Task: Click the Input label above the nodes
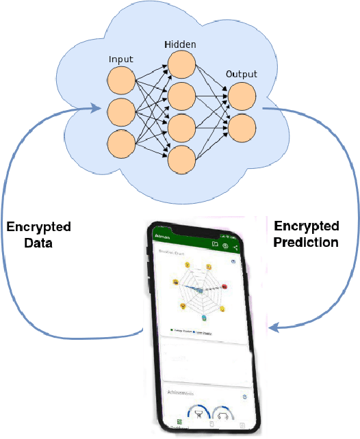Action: [121, 59]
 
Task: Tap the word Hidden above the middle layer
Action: [180, 44]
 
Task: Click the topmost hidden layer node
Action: [181, 64]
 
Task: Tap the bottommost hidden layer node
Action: [181, 159]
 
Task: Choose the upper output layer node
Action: [242, 95]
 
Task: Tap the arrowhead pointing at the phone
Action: [274, 328]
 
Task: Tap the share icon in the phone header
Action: [236, 247]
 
